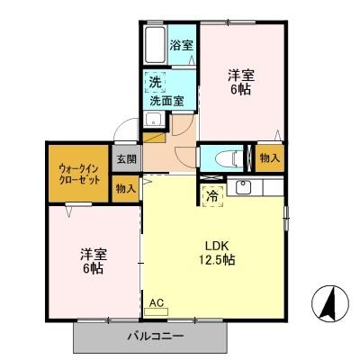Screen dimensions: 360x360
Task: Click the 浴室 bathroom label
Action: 182,45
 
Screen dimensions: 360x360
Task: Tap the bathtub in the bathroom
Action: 155,45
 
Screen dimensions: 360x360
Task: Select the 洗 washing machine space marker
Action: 155,79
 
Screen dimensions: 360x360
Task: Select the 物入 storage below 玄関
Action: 126,188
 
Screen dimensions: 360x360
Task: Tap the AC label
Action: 156,303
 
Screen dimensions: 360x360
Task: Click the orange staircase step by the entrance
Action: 156,136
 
